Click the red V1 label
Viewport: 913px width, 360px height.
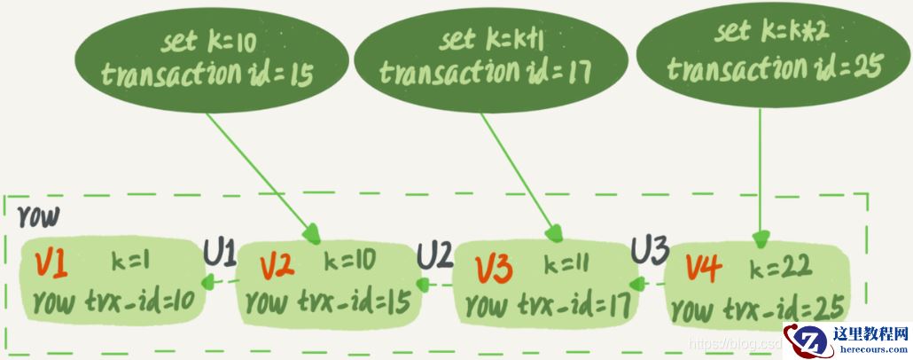[51, 264]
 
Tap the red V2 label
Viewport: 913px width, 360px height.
[277, 266]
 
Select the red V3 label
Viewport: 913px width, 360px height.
[495, 268]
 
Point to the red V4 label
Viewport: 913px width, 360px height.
[704, 268]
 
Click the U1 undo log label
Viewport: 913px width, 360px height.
[220, 254]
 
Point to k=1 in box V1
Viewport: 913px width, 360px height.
[130, 262]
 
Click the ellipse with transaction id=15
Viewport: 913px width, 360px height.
[212, 60]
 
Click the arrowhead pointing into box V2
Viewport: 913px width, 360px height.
[312, 233]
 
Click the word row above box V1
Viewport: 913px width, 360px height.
[38, 216]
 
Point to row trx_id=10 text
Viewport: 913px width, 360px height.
[121, 301]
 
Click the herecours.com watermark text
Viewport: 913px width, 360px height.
[871, 349]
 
